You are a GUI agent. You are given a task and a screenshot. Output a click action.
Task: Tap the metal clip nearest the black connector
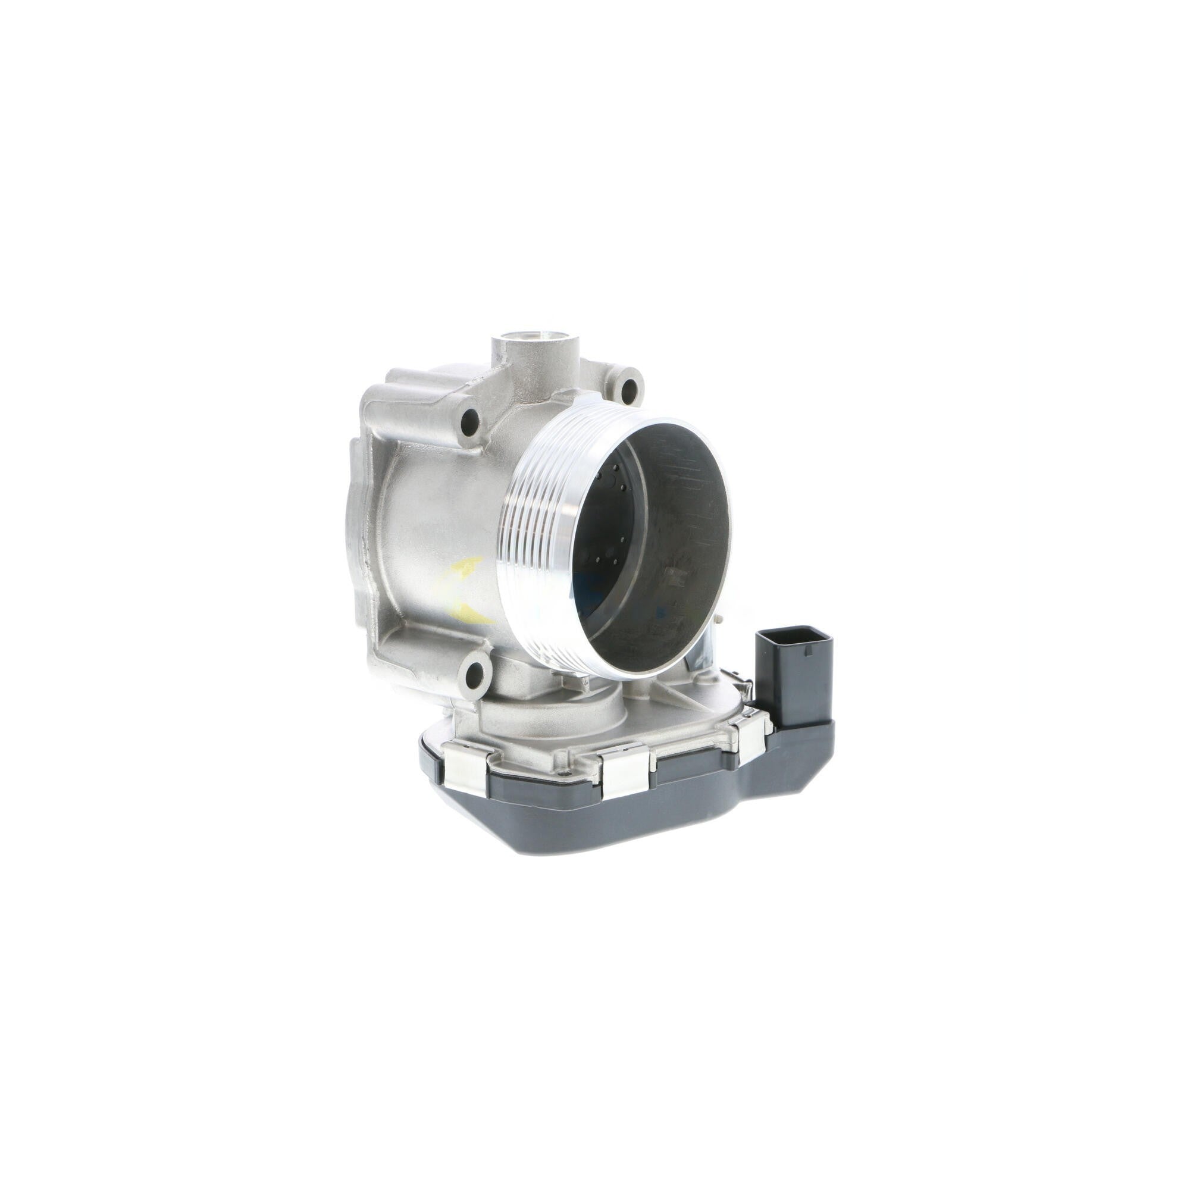pos(752,738)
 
